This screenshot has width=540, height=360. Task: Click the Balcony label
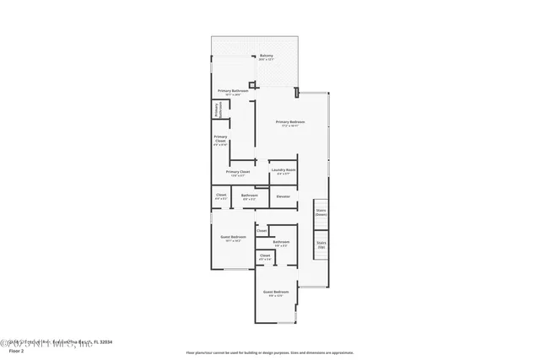(x=266, y=57)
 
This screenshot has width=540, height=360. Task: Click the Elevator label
(x=283, y=196)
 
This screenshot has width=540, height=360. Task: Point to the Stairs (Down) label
(x=321, y=212)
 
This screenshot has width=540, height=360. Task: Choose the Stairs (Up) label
(x=321, y=246)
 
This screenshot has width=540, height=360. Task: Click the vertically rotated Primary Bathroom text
(x=217, y=110)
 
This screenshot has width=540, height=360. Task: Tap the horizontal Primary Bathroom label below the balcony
(x=232, y=92)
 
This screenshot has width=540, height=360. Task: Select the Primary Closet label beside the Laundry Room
(x=238, y=173)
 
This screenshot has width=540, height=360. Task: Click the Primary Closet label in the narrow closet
(x=220, y=140)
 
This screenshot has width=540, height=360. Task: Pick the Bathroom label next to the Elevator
(x=250, y=196)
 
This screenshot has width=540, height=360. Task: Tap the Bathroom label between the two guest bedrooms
(x=282, y=244)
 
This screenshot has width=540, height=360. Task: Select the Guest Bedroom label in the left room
(x=235, y=239)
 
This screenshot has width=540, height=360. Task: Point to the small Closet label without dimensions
(x=262, y=229)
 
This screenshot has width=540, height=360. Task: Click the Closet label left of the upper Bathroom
(x=221, y=196)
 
